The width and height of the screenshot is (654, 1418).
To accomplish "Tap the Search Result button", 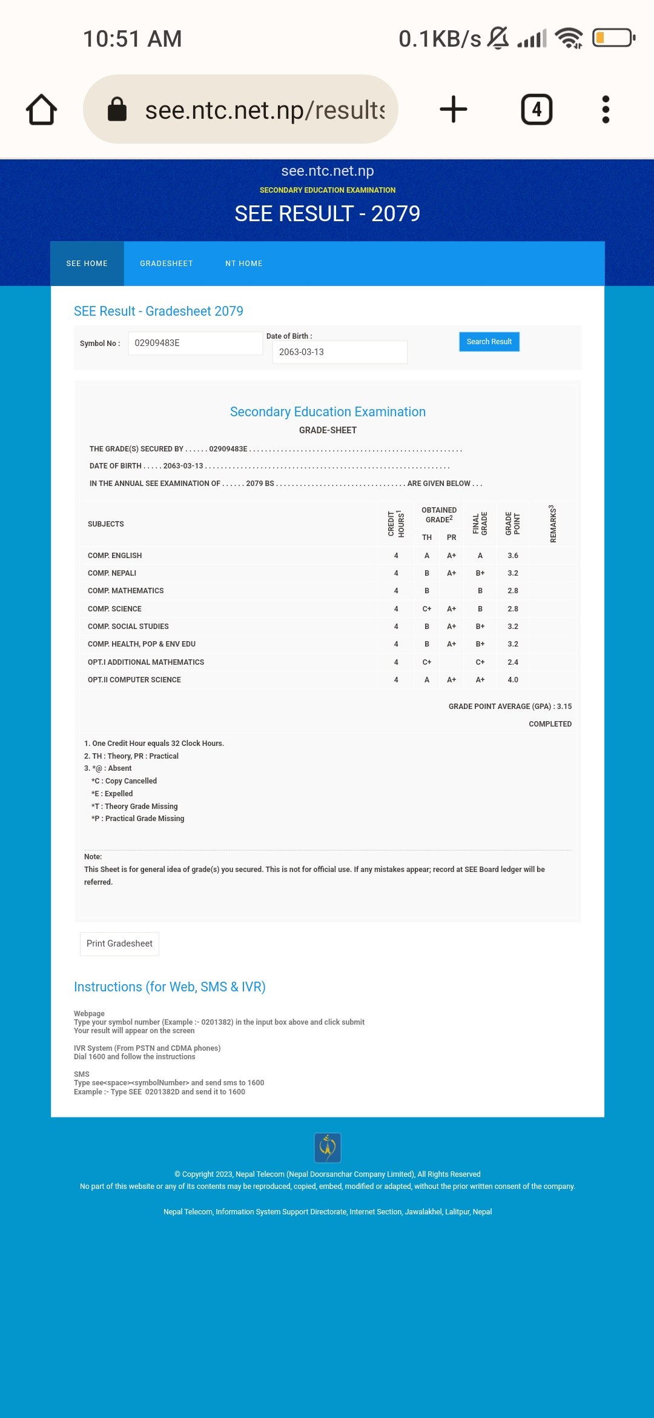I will pos(489,342).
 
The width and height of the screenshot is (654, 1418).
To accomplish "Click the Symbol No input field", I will pos(195,343).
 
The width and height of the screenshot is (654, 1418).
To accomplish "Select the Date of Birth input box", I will pos(339,352).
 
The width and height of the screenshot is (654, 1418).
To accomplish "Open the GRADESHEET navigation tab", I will pos(167,264).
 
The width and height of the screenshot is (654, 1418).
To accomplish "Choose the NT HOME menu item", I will pos(244,264).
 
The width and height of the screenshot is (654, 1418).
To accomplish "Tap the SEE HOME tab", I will pos(87,264).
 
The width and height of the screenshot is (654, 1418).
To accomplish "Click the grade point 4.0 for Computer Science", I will pos(513,680).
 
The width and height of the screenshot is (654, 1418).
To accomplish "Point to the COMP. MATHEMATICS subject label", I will pos(126,591).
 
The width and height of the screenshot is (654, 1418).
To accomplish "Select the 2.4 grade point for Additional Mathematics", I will pos(513,662).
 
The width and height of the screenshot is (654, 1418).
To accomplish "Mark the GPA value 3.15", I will pos(564,707).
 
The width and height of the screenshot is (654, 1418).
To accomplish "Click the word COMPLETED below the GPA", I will pos(550,724).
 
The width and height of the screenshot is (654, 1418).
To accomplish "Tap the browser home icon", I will pos(41,110).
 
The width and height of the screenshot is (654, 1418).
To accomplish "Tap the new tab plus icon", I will pos(453,110).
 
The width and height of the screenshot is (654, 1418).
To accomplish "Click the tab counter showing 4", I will pos(537,110).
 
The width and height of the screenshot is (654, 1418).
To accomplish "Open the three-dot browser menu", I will pos(606,110).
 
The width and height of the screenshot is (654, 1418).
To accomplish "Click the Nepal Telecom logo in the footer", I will pos(328,1148).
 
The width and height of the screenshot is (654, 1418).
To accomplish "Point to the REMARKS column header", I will pos(553,524).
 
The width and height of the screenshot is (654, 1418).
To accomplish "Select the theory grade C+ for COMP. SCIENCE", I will pos(427,609).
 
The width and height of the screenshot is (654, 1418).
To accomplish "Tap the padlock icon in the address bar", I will pos(117,110).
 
